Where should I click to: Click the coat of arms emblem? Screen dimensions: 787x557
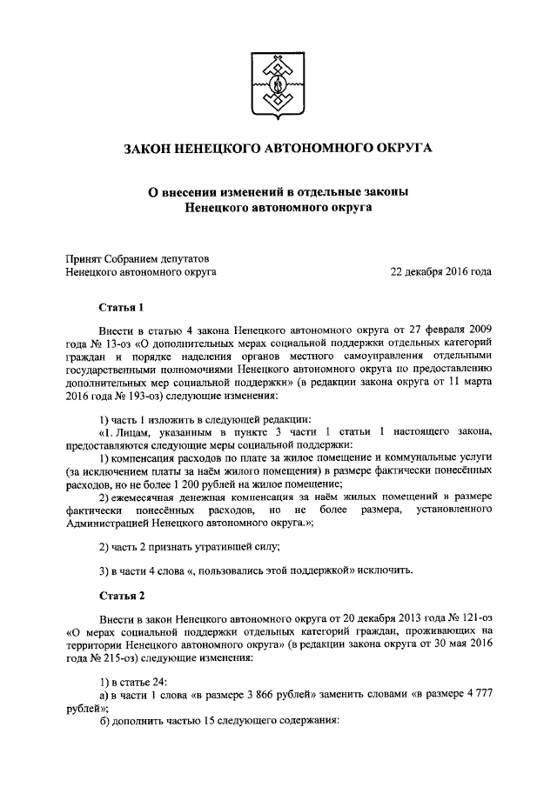click(x=278, y=85)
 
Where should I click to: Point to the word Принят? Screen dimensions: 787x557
click(x=84, y=257)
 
